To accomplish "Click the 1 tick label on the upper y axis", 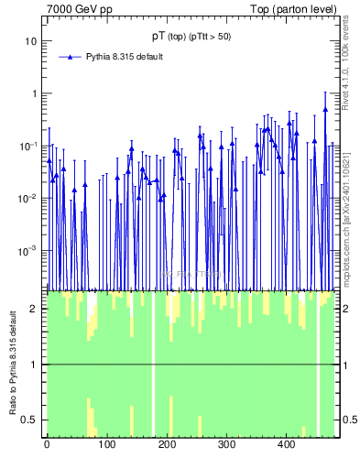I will (x=33, y=93).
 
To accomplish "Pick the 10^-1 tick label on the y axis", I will (x=28, y=146).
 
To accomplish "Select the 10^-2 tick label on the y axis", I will (x=28, y=198).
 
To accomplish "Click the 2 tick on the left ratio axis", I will (x=33, y=309).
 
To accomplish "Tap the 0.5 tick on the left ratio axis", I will (x=29, y=420).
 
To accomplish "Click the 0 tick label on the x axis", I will (x=47, y=445).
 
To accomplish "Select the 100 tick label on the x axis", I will (x=106, y=445).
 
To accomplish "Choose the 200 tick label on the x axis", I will (x=167, y=445).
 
